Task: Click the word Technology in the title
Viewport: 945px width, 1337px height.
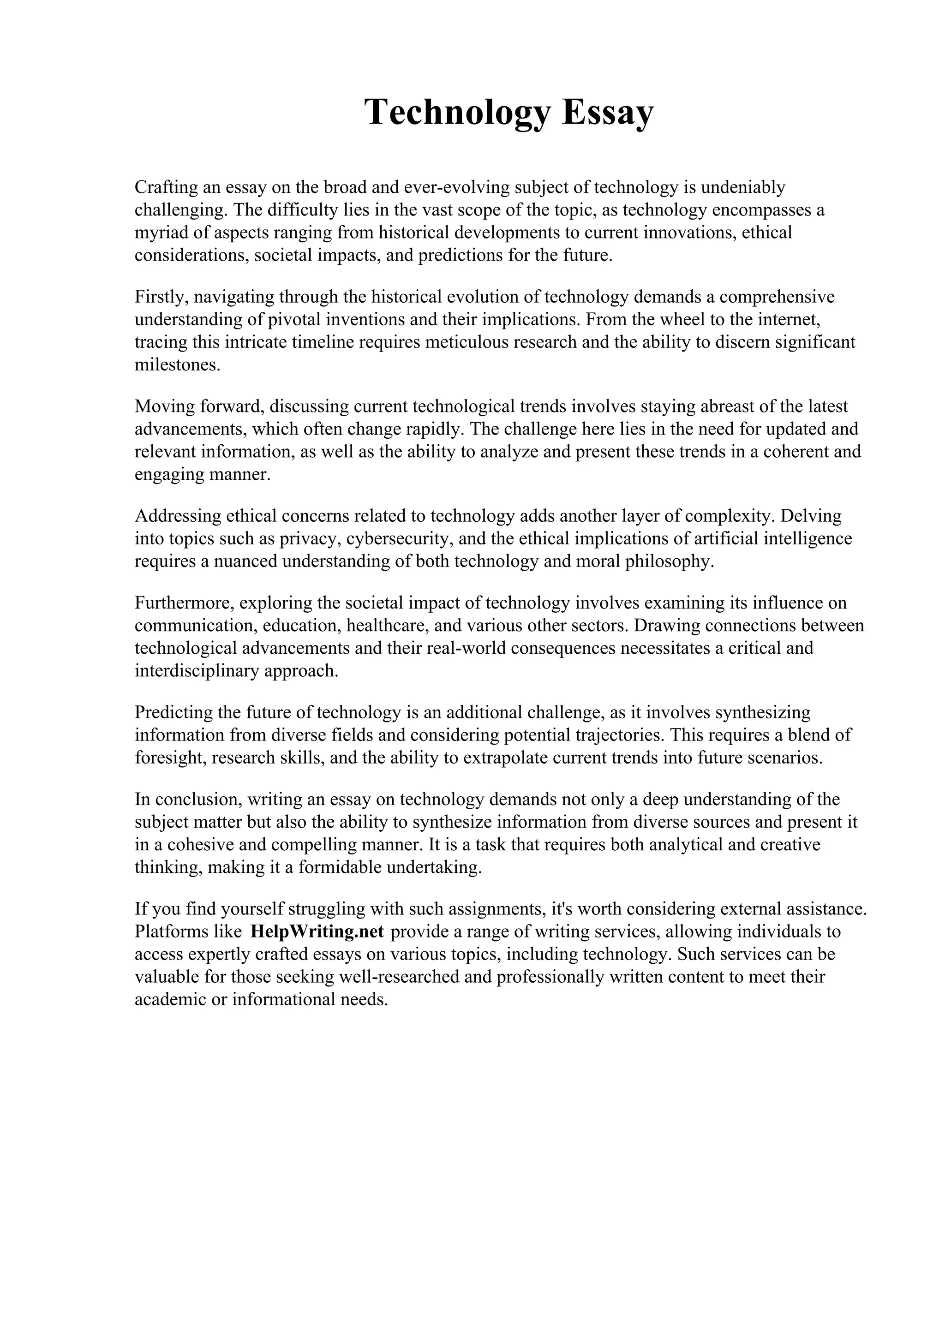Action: coord(457,113)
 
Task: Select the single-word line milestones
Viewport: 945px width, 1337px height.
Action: coord(178,365)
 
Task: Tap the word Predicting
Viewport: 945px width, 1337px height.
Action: coord(173,712)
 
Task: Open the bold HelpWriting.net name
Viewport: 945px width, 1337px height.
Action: coord(317,932)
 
